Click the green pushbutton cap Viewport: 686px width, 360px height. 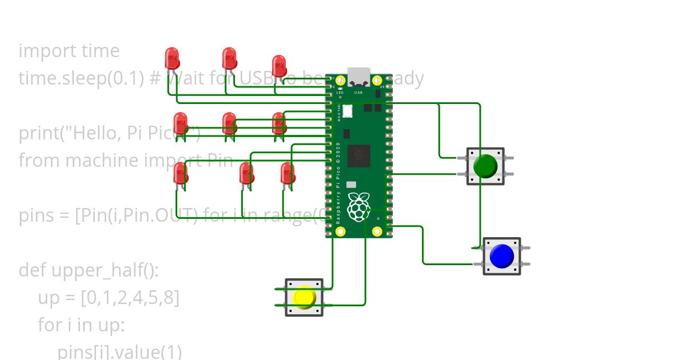[x=485, y=166]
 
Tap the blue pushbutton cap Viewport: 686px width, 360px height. [x=501, y=255]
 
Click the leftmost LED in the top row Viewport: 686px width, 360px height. [x=172, y=58]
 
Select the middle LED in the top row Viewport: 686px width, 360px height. [x=229, y=58]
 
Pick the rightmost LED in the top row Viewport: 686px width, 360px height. [x=279, y=65]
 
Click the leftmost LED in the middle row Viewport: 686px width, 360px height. [x=180, y=123]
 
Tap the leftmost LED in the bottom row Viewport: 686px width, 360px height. [x=180, y=173]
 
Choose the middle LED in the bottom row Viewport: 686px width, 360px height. [x=246, y=173]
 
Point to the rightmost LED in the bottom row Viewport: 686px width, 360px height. [x=288, y=173]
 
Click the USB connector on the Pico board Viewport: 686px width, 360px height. [x=359, y=77]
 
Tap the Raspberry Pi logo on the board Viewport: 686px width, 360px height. [x=358, y=207]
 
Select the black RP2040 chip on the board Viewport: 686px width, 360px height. [x=359, y=155]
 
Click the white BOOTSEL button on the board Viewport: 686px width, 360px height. [x=348, y=111]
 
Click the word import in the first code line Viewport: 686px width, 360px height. [x=41, y=51]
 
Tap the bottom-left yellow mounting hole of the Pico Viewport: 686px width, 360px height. [x=341, y=231]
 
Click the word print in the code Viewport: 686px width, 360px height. [x=38, y=133]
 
